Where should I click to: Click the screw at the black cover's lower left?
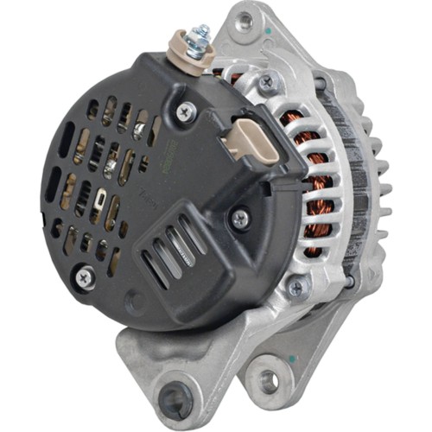(83, 276)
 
